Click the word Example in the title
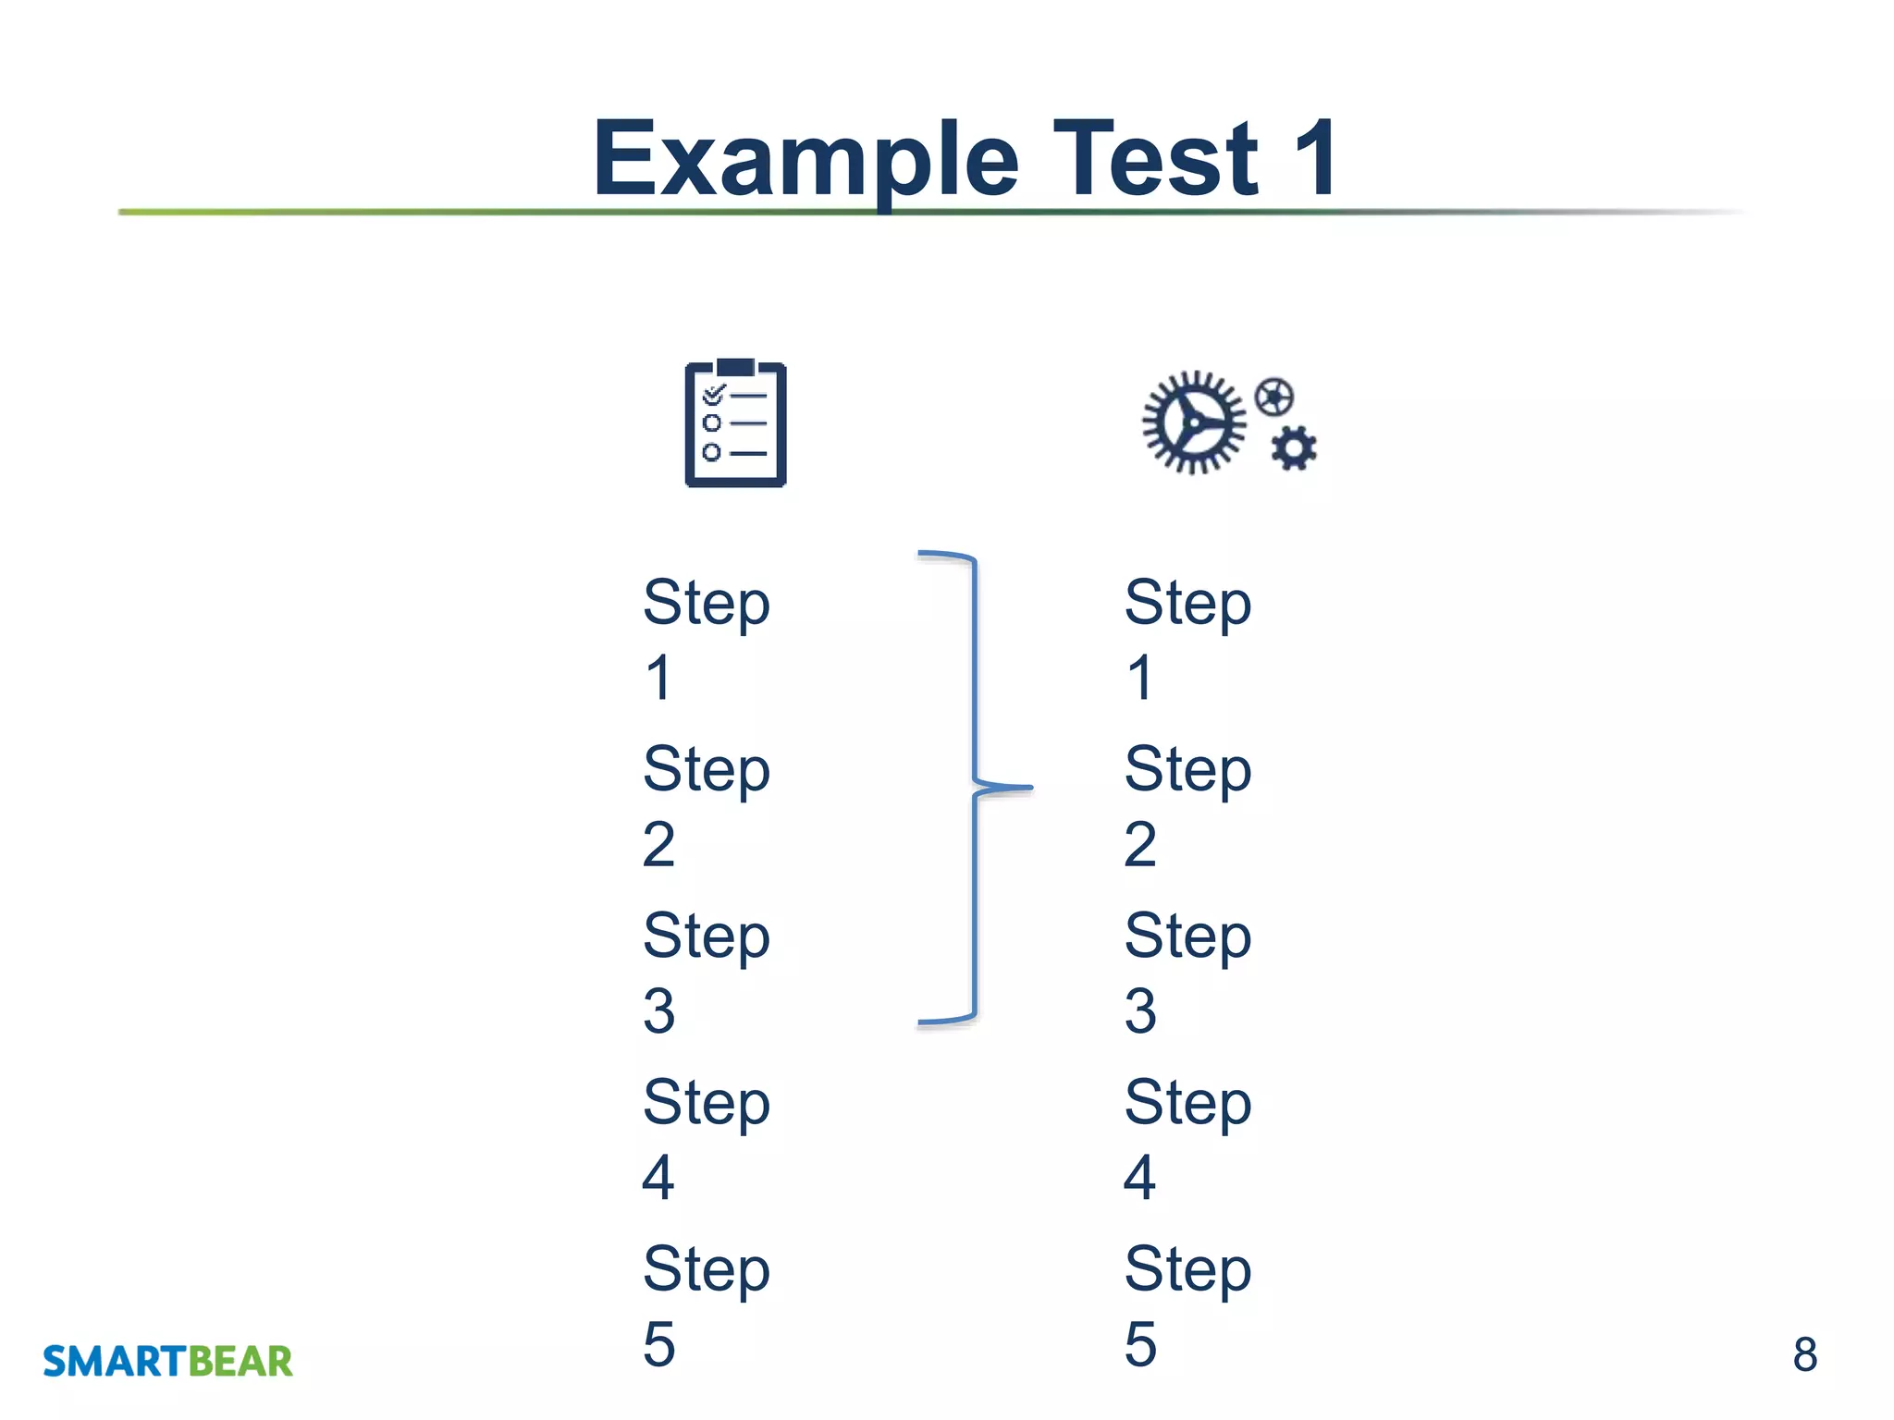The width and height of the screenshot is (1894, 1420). point(805,159)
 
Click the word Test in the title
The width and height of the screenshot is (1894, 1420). point(1155,159)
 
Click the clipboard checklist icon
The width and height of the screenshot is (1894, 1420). point(735,423)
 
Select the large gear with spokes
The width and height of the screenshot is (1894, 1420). point(1193,423)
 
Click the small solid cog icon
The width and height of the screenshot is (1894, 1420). point(1294,449)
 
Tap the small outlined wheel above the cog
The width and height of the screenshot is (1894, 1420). point(1273,398)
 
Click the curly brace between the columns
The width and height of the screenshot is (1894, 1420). point(976,788)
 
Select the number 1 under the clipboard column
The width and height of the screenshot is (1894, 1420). point(658,678)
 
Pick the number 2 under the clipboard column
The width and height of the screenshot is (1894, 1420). point(658,844)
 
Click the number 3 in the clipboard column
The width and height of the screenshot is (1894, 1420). point(658,1010)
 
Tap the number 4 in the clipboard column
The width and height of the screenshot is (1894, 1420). point(658,1177)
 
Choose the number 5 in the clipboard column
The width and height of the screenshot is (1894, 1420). point(658,1343)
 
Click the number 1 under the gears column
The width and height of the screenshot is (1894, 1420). point(1140,678)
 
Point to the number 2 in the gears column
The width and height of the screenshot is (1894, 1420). point(1140,844)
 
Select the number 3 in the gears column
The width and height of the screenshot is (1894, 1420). point(1140,1010)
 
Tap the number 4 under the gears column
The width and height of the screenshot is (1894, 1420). point(1140,1177)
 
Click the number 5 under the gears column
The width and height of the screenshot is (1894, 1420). point(1140,1343)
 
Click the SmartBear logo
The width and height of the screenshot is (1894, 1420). point(167,1361)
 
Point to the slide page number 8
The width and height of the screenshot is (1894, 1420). point(1804,1354)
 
